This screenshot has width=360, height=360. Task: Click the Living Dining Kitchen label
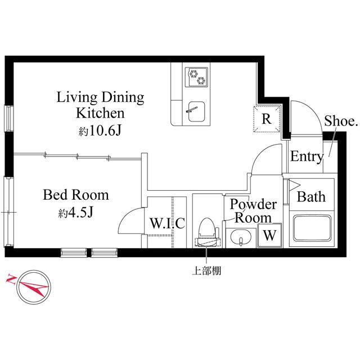coord(100,105)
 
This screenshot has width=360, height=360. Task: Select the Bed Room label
coord(76,196)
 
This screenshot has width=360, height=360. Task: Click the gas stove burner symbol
coord(197,76)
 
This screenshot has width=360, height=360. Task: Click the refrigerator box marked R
coord(267,119)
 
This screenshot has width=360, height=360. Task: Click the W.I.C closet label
coord(167,223)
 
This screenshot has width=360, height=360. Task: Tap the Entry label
coord(307,157)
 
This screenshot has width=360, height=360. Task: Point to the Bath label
coord(311,197)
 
